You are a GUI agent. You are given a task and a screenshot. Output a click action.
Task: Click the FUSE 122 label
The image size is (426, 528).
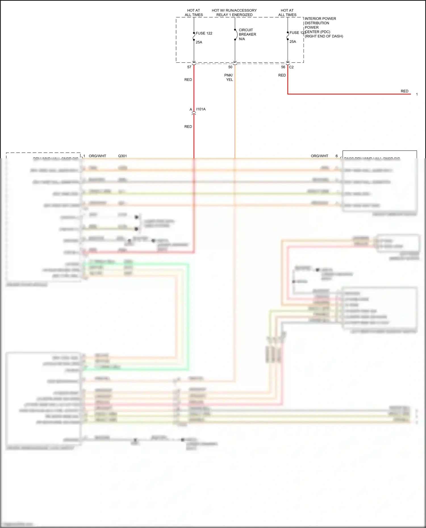[204, 33]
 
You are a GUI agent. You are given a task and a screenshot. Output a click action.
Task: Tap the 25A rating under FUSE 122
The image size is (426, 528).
[199, 42]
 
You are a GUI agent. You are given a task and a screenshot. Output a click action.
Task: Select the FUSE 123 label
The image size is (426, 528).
[297, 33]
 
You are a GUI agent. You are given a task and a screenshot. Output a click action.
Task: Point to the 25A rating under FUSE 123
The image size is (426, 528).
[293, 42]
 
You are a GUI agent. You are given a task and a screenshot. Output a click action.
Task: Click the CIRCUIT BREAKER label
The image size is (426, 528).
[247, 32]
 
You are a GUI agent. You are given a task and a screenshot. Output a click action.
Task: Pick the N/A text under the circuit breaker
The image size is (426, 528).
[242, 39]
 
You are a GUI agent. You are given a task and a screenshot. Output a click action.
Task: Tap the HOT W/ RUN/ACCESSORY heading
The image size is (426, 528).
[234, 10]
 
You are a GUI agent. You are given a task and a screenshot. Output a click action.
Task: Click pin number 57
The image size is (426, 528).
[189, 67]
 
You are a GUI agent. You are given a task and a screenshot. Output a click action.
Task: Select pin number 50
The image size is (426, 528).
[230, 67]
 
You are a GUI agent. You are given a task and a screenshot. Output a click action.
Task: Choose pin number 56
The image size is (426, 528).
[283, 67]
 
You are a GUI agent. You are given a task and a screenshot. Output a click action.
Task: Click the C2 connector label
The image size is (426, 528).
[291, 67]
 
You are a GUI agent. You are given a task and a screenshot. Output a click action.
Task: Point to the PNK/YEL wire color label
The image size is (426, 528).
[229, 77]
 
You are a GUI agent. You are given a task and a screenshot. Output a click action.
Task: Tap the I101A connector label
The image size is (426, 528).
[201, 109]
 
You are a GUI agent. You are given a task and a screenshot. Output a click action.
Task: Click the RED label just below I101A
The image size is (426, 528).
[188, 127]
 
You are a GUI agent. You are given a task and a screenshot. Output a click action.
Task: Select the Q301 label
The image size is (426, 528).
[122, 156]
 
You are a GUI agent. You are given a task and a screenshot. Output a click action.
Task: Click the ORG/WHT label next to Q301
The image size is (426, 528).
[97, 156]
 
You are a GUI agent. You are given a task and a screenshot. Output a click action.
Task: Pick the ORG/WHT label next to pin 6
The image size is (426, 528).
[319, 156]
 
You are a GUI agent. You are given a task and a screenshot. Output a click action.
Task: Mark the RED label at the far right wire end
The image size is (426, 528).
[404, 91]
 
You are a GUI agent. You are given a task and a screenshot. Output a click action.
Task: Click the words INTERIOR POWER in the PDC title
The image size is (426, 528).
[320, 19]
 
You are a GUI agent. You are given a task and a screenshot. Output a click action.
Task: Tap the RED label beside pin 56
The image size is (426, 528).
[282, 75]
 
